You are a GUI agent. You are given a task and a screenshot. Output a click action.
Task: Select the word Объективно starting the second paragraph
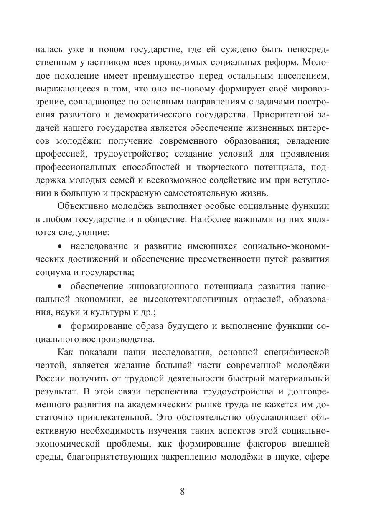point(84,206)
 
